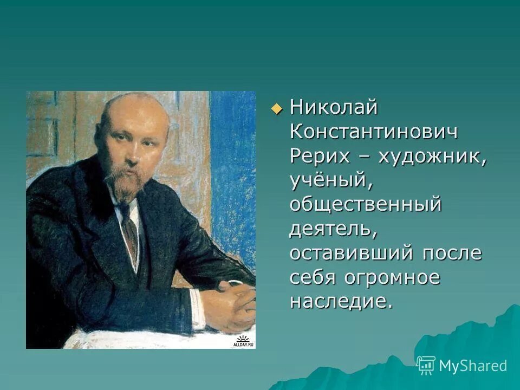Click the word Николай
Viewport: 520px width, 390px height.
333,107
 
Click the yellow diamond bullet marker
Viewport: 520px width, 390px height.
277,108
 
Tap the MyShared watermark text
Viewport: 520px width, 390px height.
473,366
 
